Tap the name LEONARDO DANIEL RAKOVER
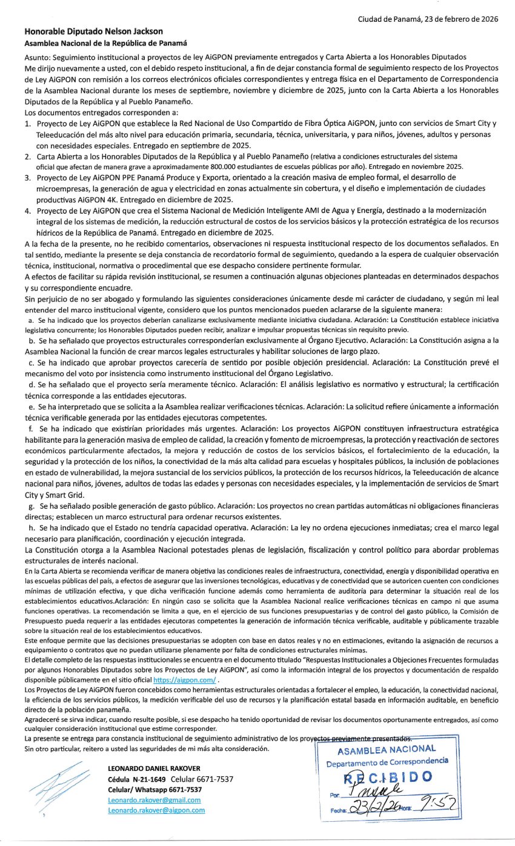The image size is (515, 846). click(153, 768)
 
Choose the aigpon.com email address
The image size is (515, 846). click(156, 810)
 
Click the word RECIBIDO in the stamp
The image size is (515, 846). click(388, 776)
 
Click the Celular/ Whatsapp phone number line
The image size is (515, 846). click(154, 790)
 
